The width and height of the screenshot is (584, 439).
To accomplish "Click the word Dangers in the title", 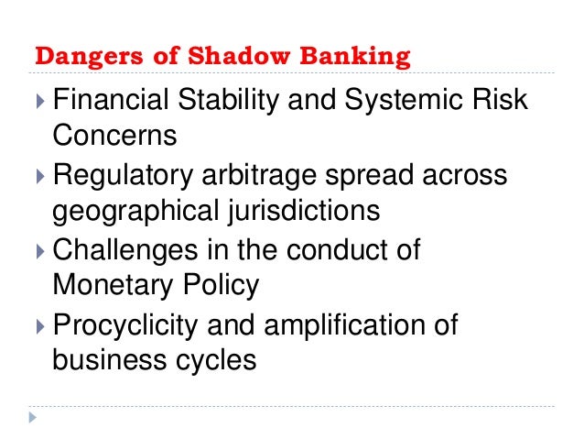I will click(80, 57).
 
